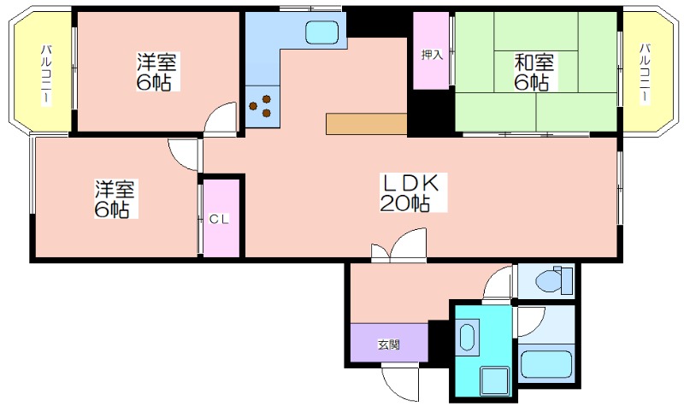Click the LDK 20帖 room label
410,193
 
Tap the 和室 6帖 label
534,72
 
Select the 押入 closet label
432,55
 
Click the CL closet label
219,220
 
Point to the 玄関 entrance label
389,345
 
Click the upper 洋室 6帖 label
157,72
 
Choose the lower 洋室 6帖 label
115,199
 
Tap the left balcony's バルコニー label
46,74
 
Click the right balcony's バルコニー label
646,74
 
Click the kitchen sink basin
322,32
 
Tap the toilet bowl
553,280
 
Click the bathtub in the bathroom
546,364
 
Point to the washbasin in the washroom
467,336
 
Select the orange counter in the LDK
367,124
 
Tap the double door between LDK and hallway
398,245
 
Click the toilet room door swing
498,283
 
